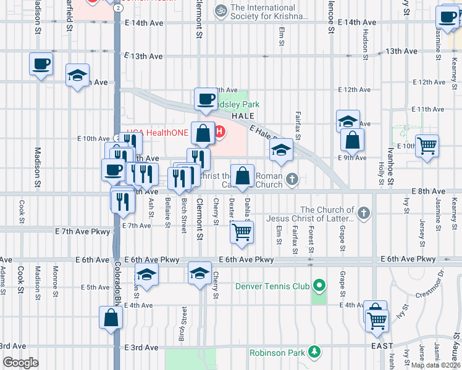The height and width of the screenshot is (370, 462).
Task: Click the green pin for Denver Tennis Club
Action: pos(319,286)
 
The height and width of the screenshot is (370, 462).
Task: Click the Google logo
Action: pos(20,363)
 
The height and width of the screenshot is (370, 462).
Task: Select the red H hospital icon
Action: pos(219,132)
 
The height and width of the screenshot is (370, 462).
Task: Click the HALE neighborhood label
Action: pos(243,116)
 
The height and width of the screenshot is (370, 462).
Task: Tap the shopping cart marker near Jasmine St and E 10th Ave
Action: pos(427,147)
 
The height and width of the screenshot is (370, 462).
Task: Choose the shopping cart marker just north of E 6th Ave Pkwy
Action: pos(241,232)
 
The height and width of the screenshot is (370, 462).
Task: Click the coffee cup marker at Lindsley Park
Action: pos(206,99)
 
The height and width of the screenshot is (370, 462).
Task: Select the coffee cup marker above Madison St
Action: pos(41,64)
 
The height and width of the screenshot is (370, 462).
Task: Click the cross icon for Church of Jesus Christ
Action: pos(364,213)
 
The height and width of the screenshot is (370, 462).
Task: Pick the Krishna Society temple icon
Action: pos(220,10)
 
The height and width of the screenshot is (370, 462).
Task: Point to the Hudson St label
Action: pos(366,44)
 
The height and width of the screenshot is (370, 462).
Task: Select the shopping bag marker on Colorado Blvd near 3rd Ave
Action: pos(111,318)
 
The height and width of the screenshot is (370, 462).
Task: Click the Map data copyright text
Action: pos(435,365)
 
